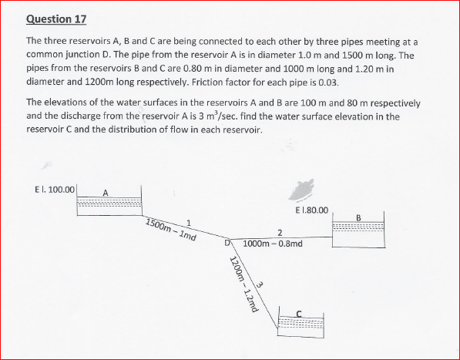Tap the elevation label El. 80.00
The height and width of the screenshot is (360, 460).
(x=312, y=210)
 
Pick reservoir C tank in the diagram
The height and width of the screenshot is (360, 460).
(x=301, y=323)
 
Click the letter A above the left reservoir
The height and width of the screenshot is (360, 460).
(x=106, y=193)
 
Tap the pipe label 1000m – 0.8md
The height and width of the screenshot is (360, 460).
(x=272, y=244)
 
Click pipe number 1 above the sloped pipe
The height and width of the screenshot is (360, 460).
(x=188, y=224)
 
